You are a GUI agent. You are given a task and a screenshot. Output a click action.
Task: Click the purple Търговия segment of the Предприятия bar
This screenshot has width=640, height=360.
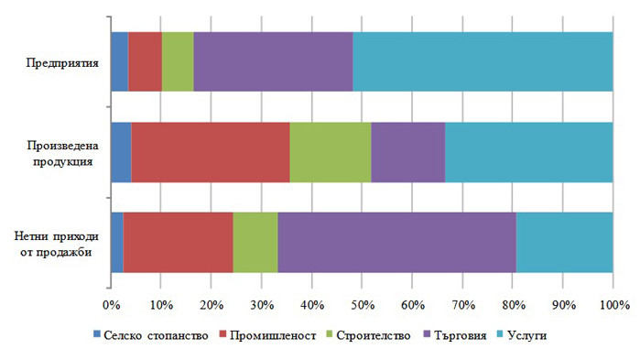[273, 61]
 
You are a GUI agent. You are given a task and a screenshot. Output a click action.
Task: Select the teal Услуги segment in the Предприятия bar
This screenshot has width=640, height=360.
[483, 61]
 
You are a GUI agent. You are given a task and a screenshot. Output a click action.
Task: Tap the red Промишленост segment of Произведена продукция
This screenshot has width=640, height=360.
[211, 151]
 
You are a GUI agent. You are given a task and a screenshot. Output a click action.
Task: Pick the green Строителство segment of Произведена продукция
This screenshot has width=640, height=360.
[331, 151]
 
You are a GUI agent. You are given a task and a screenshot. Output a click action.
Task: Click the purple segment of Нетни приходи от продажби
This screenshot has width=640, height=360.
[396, 242]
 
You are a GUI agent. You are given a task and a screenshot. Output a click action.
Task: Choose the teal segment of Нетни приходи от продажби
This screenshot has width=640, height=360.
[564, 242]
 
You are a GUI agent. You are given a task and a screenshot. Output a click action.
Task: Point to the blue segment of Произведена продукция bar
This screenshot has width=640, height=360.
[121, 151]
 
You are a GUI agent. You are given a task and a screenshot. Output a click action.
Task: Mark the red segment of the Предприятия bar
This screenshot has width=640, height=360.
[145, 61]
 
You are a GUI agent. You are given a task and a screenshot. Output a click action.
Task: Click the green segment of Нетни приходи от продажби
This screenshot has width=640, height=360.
[255, 242]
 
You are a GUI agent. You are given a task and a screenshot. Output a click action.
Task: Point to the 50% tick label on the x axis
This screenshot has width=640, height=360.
[362, 305]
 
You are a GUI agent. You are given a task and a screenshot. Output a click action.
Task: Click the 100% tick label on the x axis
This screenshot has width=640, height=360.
[612, 305]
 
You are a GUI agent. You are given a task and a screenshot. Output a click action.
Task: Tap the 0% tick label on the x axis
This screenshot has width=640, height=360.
[111, 305]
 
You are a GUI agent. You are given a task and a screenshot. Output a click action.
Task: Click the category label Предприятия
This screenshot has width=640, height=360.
[62, 63]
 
